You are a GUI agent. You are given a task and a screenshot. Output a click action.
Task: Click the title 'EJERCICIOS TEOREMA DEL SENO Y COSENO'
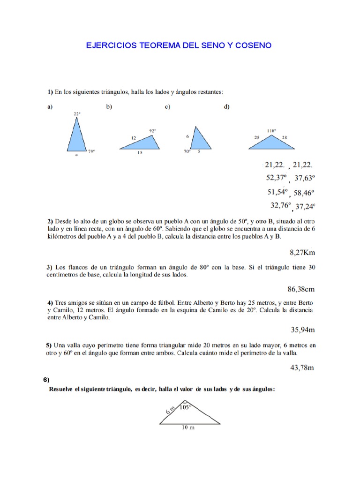click(179, 45)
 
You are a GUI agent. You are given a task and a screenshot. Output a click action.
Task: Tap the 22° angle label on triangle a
click(77, 114)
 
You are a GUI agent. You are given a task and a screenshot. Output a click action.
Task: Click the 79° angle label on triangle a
click(91, 151)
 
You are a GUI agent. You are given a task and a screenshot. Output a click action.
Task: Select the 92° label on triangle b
click(152, 130)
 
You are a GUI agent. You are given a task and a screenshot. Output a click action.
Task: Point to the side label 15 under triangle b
click(140, 153)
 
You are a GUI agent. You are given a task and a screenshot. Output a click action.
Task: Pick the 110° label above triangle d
click(271, 130)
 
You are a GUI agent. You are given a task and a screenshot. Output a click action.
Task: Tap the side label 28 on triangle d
click(285, 137)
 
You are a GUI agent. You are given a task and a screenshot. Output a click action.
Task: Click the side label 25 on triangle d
click(257, 137)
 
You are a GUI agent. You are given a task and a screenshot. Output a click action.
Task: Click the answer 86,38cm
click(300, 290)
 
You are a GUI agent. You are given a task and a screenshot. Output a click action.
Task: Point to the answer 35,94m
click(302, 330)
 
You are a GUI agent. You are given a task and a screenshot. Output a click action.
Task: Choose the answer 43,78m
click(302, 367)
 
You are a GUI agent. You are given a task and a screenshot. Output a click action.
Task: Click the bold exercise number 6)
click(46, 380)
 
